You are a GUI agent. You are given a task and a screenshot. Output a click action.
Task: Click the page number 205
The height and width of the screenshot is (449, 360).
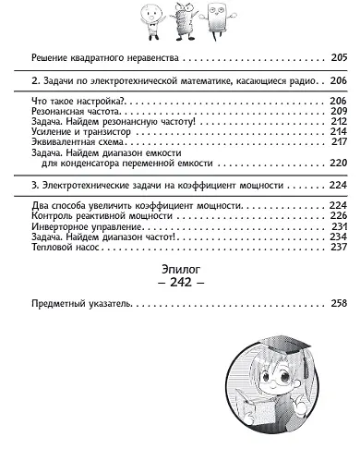pyautogui.click(x=340, y=56)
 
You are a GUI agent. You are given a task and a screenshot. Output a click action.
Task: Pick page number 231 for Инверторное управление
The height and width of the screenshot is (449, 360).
pyautogui.click(x=340, y=225)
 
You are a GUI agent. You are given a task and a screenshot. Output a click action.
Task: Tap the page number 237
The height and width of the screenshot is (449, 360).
pyautogui.click(x=340, y=247)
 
